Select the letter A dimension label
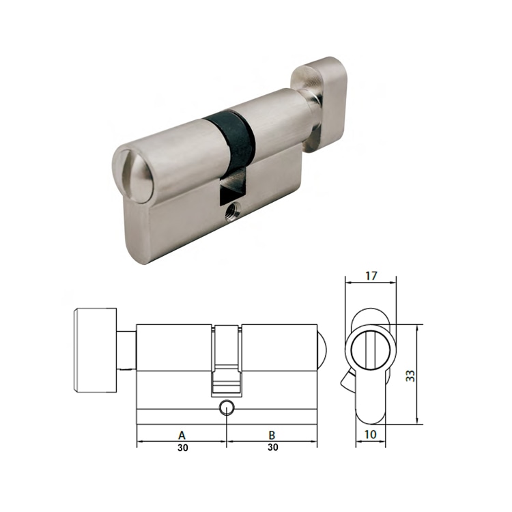pyautogui.click(x=182, y=434)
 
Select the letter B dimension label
pyautogui.click(x=272, y=434)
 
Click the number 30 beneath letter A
pyautogui.click(x=182, y=448)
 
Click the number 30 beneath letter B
pyautogui.click(x=272, y=448)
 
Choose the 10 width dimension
pyautogui.click(x=369, y=434)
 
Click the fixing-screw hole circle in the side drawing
pyautogui.click(x=226, y=409)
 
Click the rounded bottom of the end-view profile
pyautogui.click(x=370, y=416)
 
